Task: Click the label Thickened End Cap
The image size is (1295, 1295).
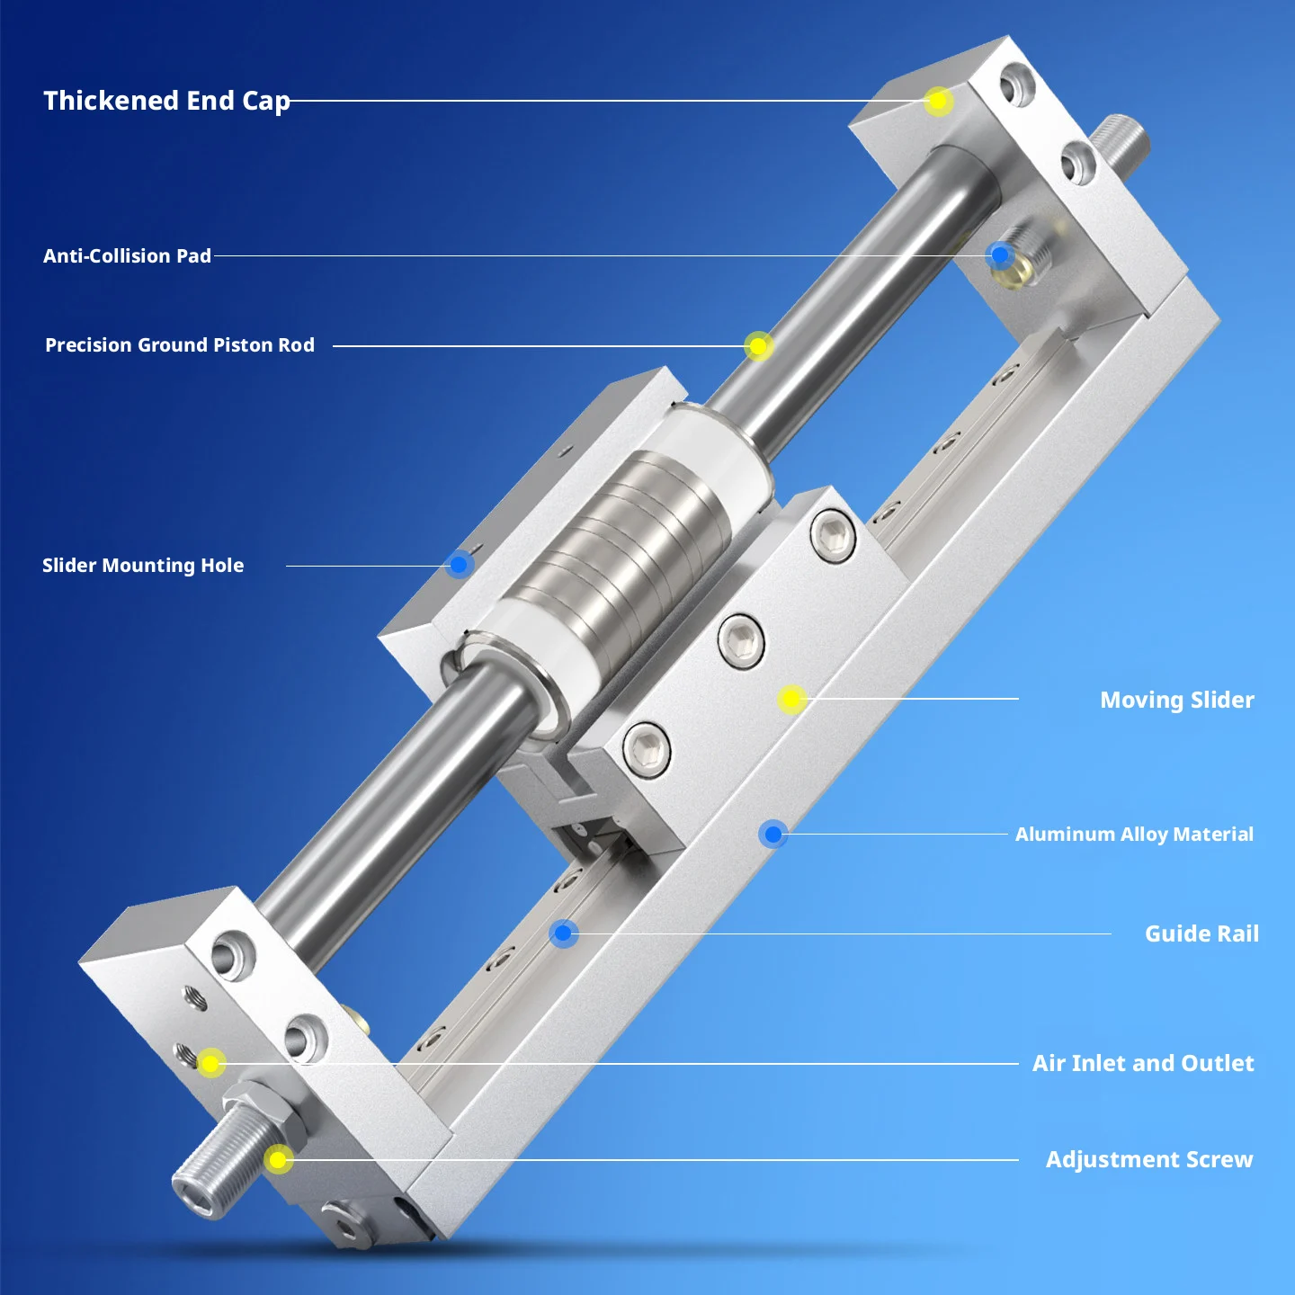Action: click(166, 101)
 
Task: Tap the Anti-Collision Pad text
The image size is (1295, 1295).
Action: click(127, 256)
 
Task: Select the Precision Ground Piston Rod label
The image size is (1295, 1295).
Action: click(180, 345)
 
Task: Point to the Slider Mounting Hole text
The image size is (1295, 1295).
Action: click(143, 566)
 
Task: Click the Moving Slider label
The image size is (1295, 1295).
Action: click(1176, 701)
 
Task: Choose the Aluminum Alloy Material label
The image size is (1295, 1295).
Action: click(1134, 835)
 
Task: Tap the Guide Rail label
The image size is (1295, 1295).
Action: click(1201, 934)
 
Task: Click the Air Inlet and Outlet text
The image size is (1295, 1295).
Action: click(1143, 1064)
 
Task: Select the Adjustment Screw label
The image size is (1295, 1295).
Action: click(1149, 1160)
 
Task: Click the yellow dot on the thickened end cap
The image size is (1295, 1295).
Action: click(938, 102)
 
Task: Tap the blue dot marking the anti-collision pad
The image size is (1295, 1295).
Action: click(1000, 255)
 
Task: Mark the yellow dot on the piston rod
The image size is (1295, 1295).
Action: click(758, 346)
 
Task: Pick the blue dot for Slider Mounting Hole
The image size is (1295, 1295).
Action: click(460, 565)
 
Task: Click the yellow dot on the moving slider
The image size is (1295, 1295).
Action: click(791, 700)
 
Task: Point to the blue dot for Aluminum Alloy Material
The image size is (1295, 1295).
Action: click(773, 834)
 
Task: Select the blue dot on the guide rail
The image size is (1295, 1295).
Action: click(563, 933)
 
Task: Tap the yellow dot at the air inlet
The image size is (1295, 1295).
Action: click(210, 1064)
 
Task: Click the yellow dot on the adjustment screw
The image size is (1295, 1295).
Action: click(278, 1159)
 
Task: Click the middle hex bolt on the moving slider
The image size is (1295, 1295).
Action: click(741, 640)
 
